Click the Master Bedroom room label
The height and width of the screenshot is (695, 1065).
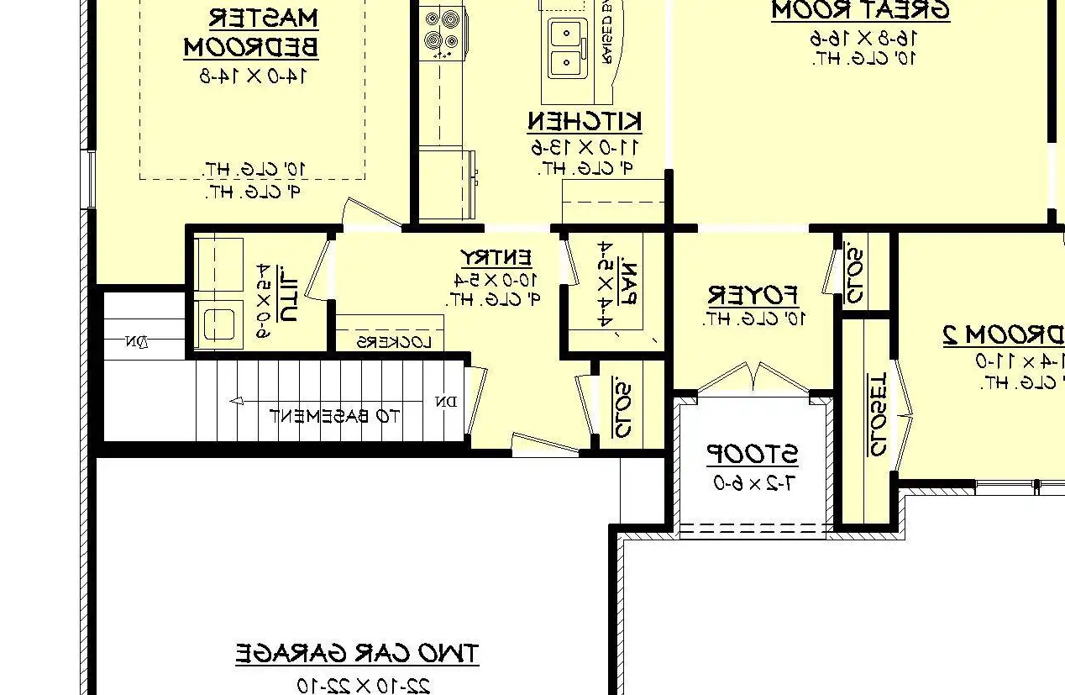(x=251, y=32)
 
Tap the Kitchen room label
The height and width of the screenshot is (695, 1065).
(x=585, y=122)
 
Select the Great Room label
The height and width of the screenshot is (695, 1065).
(x=860, y=11)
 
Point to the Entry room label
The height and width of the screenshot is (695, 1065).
(x=496, y=256)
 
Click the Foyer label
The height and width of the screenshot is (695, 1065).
(x=753, y=295)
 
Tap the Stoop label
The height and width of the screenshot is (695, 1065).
(x=752, y=455)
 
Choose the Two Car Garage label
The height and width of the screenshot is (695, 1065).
(x=357, y=653)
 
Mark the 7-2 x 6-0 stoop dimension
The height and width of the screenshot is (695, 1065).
(x=753, y=483)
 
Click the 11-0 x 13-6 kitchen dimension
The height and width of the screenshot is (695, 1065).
(x=585, y=148)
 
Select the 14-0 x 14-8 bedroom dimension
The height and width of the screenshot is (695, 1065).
(x=251, y=75)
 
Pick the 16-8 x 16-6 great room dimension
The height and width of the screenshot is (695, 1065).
(x=863, y=38)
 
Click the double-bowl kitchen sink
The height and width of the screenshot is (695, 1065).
(x=569, y=48)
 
